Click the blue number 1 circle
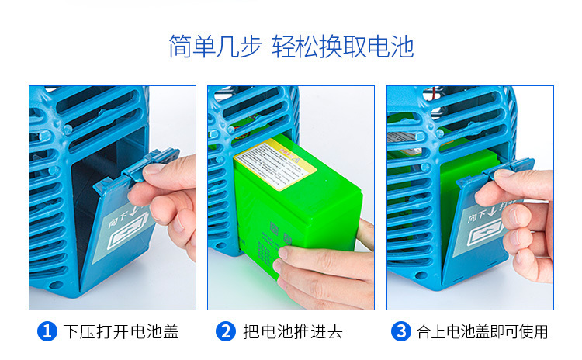coord(47,332)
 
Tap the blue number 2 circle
coord(226,332)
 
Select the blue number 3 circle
coord(401,332)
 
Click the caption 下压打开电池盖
coord(121,332)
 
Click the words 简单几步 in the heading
coord(214,47)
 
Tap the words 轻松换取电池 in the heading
coord(343,47)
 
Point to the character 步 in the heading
coord(251,47)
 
